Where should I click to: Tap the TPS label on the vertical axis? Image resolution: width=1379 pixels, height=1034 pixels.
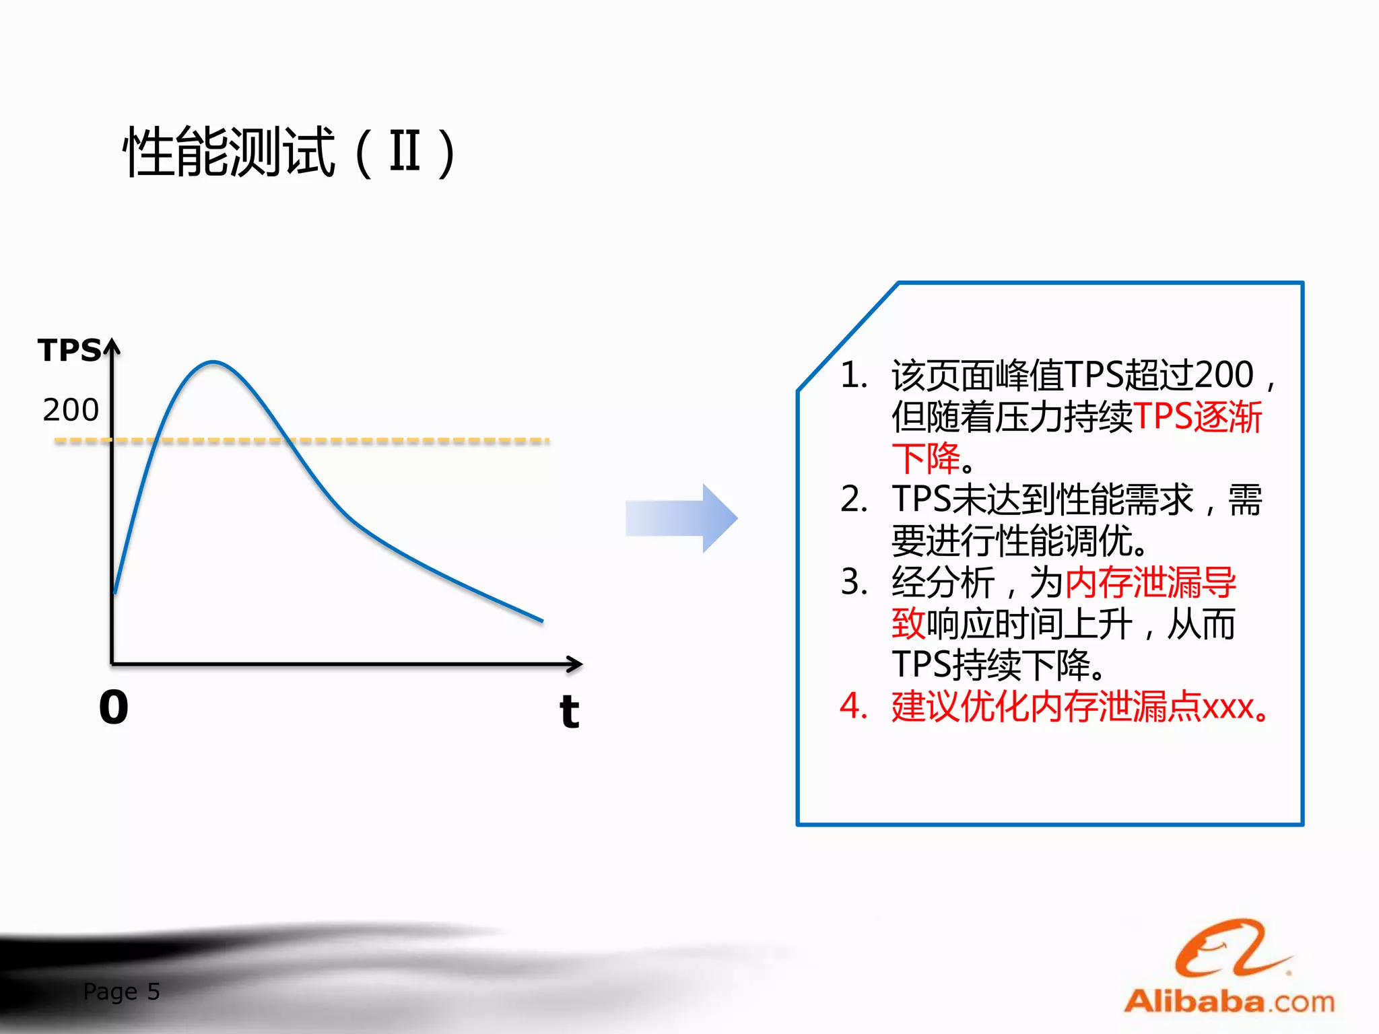[x=69, y=351]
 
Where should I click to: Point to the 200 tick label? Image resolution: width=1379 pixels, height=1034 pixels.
[x=71, y=410]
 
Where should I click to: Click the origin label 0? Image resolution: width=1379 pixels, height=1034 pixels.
[x=113, y=708]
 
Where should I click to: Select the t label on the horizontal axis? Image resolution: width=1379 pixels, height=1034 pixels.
[x=569, y=711]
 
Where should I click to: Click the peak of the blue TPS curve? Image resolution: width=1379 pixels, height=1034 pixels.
[x=213, y=363]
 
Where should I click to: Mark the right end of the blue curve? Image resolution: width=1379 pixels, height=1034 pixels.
[x=541, y=621]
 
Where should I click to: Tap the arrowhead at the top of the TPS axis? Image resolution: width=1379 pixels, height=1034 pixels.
[x=112, y=346]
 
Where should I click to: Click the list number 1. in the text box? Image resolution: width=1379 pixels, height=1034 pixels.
[x=854, y=375]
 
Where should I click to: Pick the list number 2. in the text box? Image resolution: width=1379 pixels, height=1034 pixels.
[x=854, y=499]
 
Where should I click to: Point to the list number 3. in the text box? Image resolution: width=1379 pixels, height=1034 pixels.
[x=854, y=582]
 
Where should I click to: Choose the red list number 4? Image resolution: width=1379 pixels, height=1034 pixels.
[x=854, y=707]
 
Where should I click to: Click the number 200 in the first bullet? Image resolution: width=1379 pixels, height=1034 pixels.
[x=1223, y=375]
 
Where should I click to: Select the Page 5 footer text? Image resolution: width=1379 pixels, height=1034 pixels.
[x=121, y=992]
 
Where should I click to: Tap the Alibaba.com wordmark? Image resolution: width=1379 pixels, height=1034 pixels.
[x=1230, y=1002]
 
